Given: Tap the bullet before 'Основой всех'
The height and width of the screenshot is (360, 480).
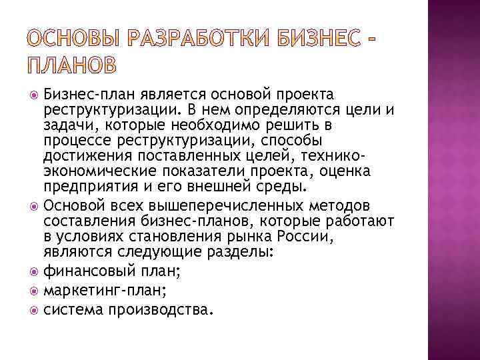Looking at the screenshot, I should (35, 205).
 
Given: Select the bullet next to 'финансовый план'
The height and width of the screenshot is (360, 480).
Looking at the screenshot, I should (35, 272).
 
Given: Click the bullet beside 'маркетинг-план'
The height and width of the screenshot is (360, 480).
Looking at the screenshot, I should (35, 291).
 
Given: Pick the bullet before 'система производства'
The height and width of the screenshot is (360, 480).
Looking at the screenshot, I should (35, 309).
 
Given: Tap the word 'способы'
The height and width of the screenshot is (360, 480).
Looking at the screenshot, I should (289, 141).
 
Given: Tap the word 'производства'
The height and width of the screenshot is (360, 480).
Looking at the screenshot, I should (163, 309).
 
